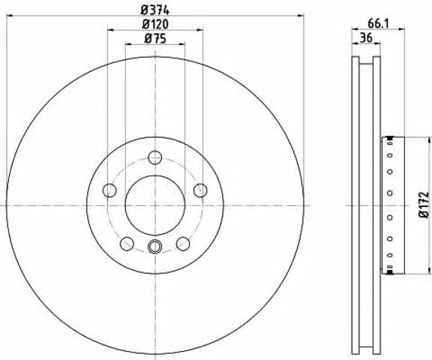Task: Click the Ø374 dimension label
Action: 154,10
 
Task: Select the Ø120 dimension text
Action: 155,25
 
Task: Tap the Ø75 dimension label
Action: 155,39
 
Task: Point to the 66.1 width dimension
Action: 378,24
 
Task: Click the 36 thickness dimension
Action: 367,37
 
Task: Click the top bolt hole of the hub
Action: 154,157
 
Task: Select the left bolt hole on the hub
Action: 109,190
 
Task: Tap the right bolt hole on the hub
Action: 200,190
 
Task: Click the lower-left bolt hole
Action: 127,244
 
